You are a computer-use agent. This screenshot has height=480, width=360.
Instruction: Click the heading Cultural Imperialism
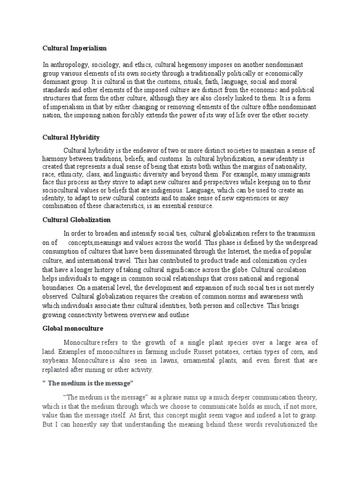pyautogui.click(x=75, y=48)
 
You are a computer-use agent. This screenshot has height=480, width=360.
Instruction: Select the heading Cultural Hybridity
pyautogui.click(x=71, y=137)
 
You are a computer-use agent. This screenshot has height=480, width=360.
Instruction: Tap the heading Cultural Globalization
pyautogui.click(x=77, y=219)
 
